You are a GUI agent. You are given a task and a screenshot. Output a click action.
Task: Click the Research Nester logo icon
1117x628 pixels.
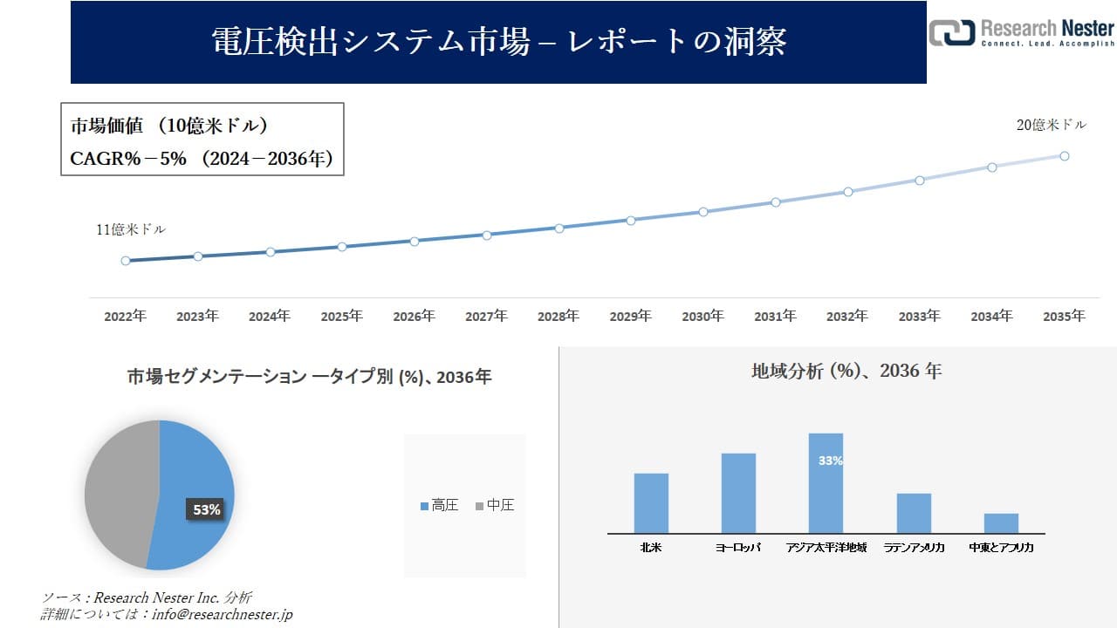(x=951, y=32)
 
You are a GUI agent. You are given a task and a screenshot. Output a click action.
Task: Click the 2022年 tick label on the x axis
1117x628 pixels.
(x=125, y=317)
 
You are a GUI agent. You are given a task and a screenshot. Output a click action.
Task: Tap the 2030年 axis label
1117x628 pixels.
(x=702, y=317)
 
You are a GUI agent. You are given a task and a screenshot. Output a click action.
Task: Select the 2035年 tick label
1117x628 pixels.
(x=1064, y=317)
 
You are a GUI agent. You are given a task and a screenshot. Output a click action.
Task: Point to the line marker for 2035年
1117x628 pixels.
(x=1065, y=156)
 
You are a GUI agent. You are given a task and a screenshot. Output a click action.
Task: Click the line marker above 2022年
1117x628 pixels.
(x=126, y=261)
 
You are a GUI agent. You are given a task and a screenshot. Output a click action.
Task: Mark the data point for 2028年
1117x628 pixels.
(x=559, y=228)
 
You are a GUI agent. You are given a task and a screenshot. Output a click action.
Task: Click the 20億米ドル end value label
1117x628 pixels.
(x=1052, y=126)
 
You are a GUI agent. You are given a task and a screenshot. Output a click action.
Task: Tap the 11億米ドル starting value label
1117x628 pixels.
(x=131, y=230)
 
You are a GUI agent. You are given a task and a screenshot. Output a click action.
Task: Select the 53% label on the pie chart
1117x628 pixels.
(x=207, y=509)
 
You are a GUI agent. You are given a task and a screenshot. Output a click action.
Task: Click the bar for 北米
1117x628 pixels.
(x=651, y=503)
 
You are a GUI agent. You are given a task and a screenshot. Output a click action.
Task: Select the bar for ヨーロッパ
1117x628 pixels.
(x=738, y=493)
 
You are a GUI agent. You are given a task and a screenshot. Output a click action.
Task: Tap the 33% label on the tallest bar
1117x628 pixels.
(x=831, y=461)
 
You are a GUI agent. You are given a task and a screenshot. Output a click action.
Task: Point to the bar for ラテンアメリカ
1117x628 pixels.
(x=914, y=513)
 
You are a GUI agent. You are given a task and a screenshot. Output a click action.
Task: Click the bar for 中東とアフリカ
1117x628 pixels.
(x=1001, y=522)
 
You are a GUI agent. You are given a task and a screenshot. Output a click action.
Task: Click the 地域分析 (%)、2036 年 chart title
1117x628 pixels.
(x=846, y=371)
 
